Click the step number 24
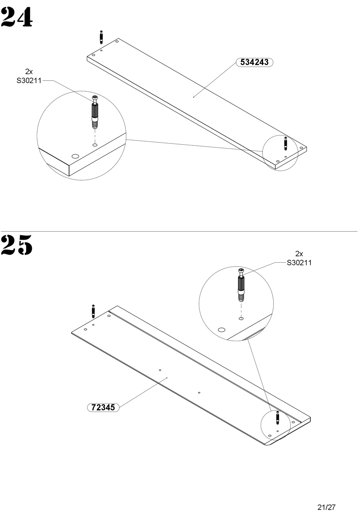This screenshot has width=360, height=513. pyautogui.click(x=17, y=17)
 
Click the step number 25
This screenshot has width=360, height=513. pyautogui.click(x=17, y=245)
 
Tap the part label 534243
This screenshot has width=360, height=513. pyautogui.click(x=254, y=62)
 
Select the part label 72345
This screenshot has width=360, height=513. pyautogui.click(x=103, y=407)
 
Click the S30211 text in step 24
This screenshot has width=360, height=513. pyautogui.click(x=29, y=81)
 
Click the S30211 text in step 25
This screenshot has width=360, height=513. pyautogui.click(x=299, y=263)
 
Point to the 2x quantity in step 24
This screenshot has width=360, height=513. pyautogui.click(x=29, y=72)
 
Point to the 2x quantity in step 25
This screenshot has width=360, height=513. pyautogui.click(x=299, y=254)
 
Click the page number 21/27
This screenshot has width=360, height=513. pyautogui.click(x=327, y=507)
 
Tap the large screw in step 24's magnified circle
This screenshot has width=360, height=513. pyautogui.click(x=95, y=112)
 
